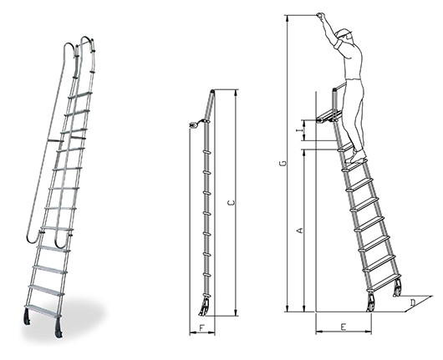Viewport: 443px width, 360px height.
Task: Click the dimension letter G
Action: coord(285,163)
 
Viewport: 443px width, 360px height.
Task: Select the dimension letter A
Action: coord(301,231)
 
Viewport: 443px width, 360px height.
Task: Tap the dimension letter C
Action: coord(232,202)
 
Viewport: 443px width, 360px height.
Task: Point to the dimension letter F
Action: coord(201,327)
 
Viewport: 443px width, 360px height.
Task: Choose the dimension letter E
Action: coord(344,327)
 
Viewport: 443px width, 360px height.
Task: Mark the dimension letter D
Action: coord(413,303)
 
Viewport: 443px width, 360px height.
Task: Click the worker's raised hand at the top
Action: coord(320,15)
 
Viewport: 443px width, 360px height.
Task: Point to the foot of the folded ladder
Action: coord(204,307)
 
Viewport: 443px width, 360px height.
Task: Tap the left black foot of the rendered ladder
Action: coord(28,317)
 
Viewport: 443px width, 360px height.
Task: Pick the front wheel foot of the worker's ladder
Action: coord(370,303)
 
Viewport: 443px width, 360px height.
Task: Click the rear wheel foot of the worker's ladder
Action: coord(397,289)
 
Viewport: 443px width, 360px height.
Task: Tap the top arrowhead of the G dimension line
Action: coord(287,18)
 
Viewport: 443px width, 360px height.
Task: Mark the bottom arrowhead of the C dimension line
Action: coord(237,312)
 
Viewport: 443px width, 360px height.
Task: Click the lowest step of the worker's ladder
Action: coord(384,282)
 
